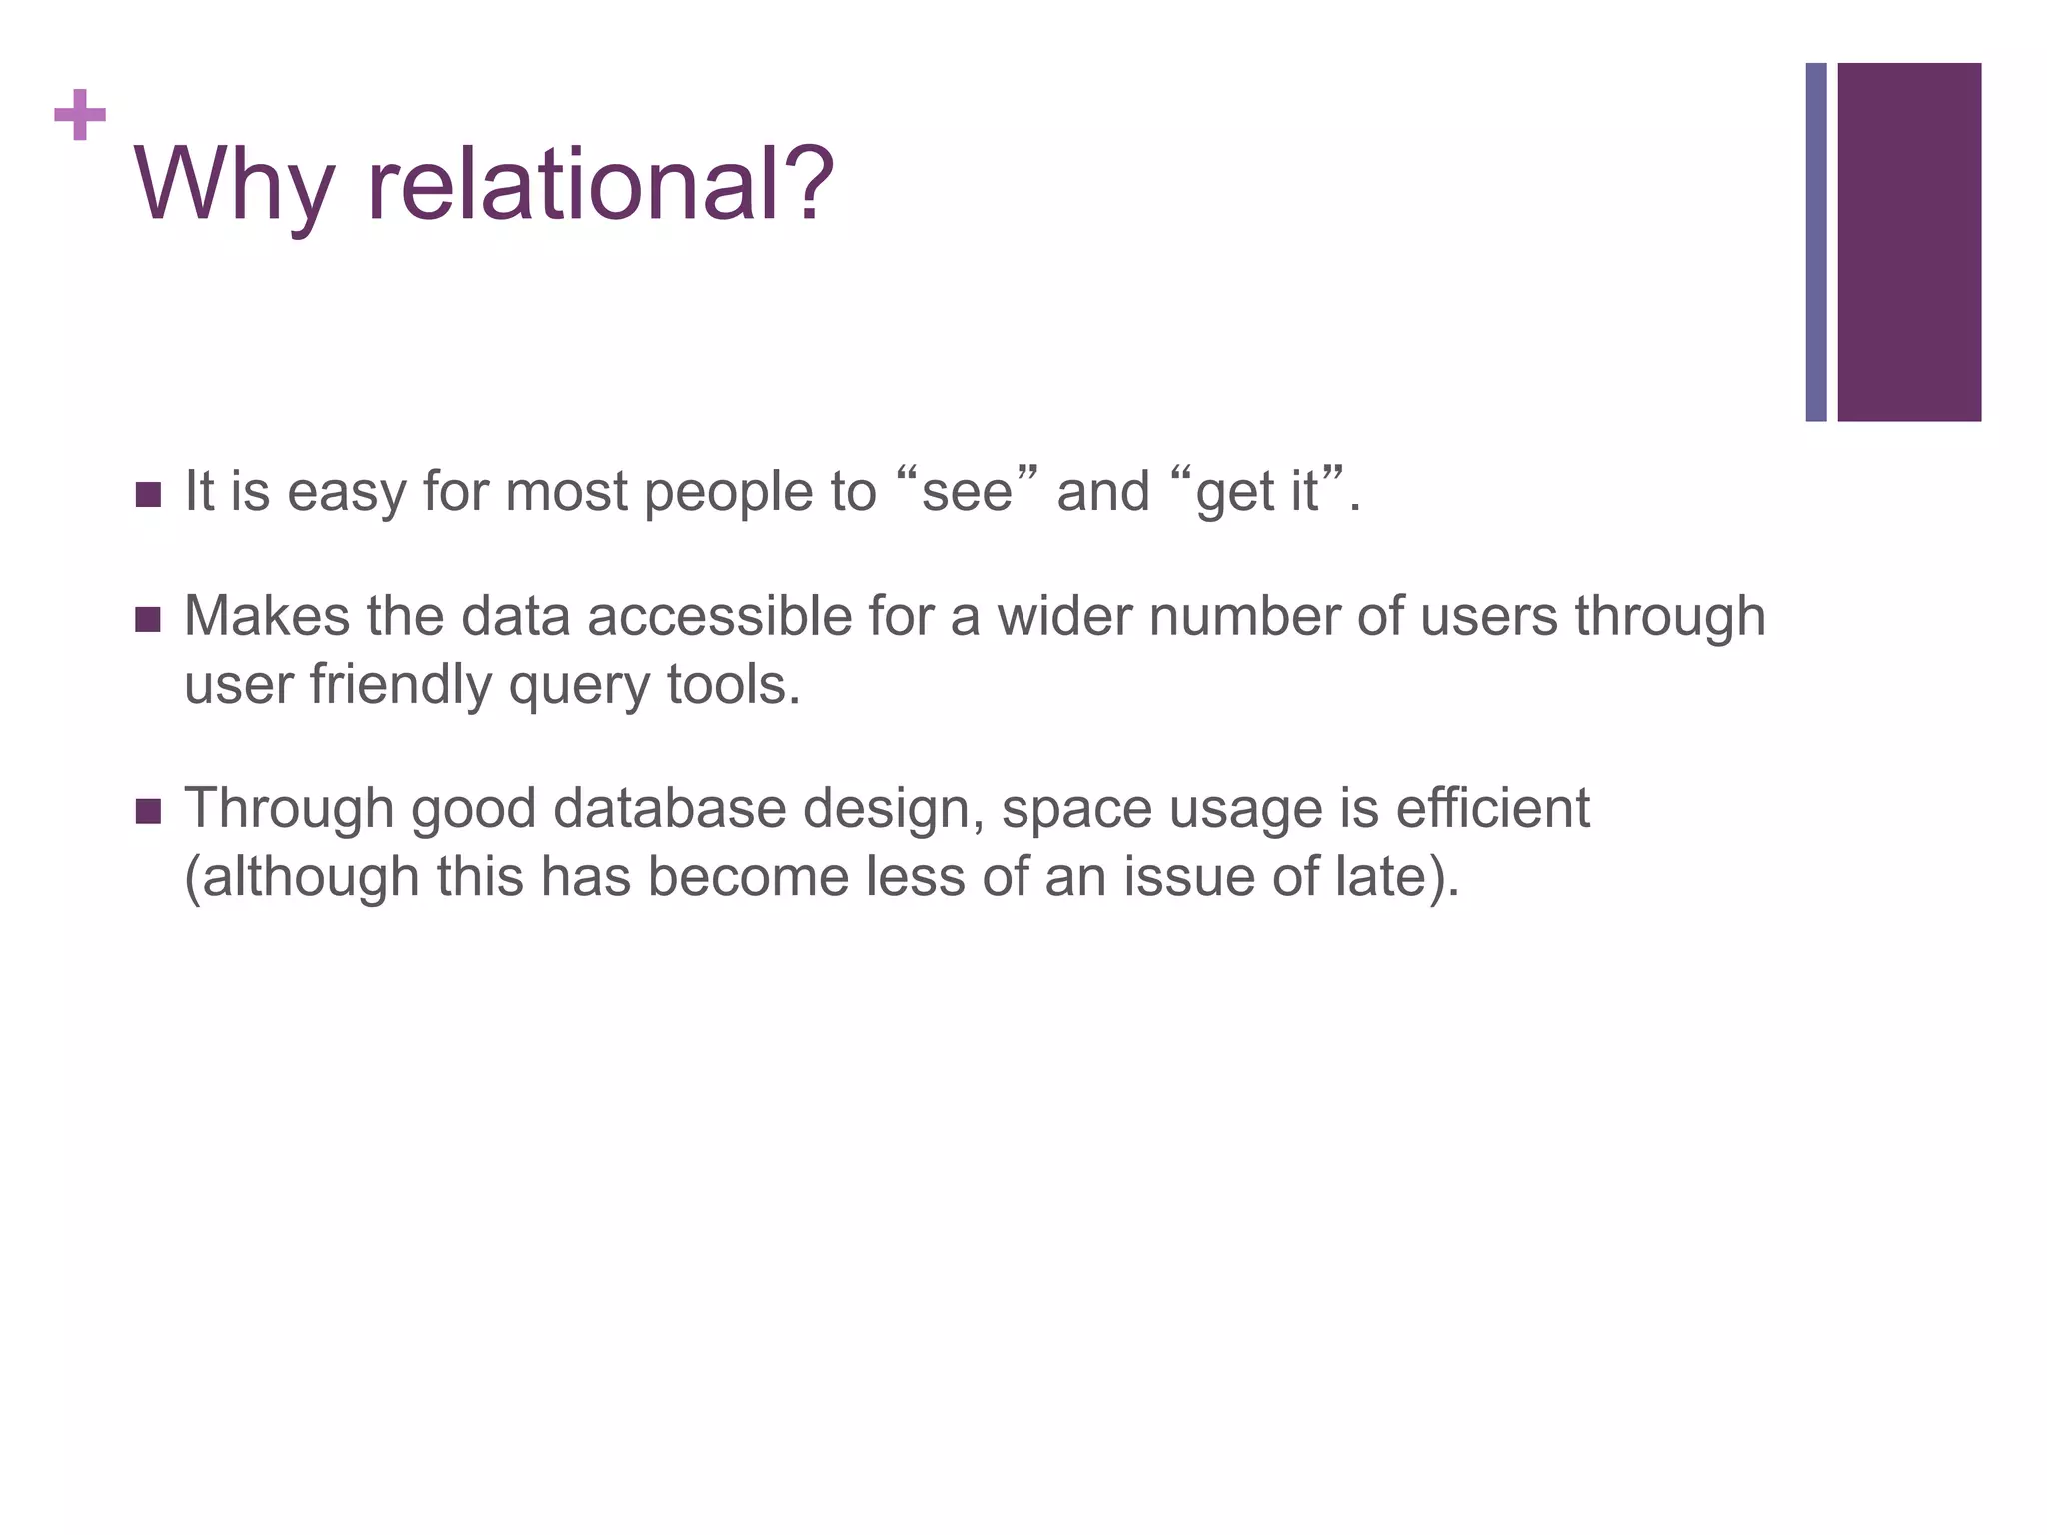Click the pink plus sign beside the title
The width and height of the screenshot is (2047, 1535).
coord(80,115)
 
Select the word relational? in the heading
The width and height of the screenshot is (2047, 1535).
coord(600,185)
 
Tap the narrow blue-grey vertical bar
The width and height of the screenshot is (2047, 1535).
coord(1815,242)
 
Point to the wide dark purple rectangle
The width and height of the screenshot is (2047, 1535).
coord(1909,242)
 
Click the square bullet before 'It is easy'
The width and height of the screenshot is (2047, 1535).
coord(148,494)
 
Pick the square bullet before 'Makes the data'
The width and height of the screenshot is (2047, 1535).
coord(148,619)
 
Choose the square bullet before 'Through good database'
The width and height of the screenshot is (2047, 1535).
coord(148,811)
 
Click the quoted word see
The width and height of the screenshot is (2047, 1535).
coord(967,492)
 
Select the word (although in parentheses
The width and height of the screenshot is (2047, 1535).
coord(302,878)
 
